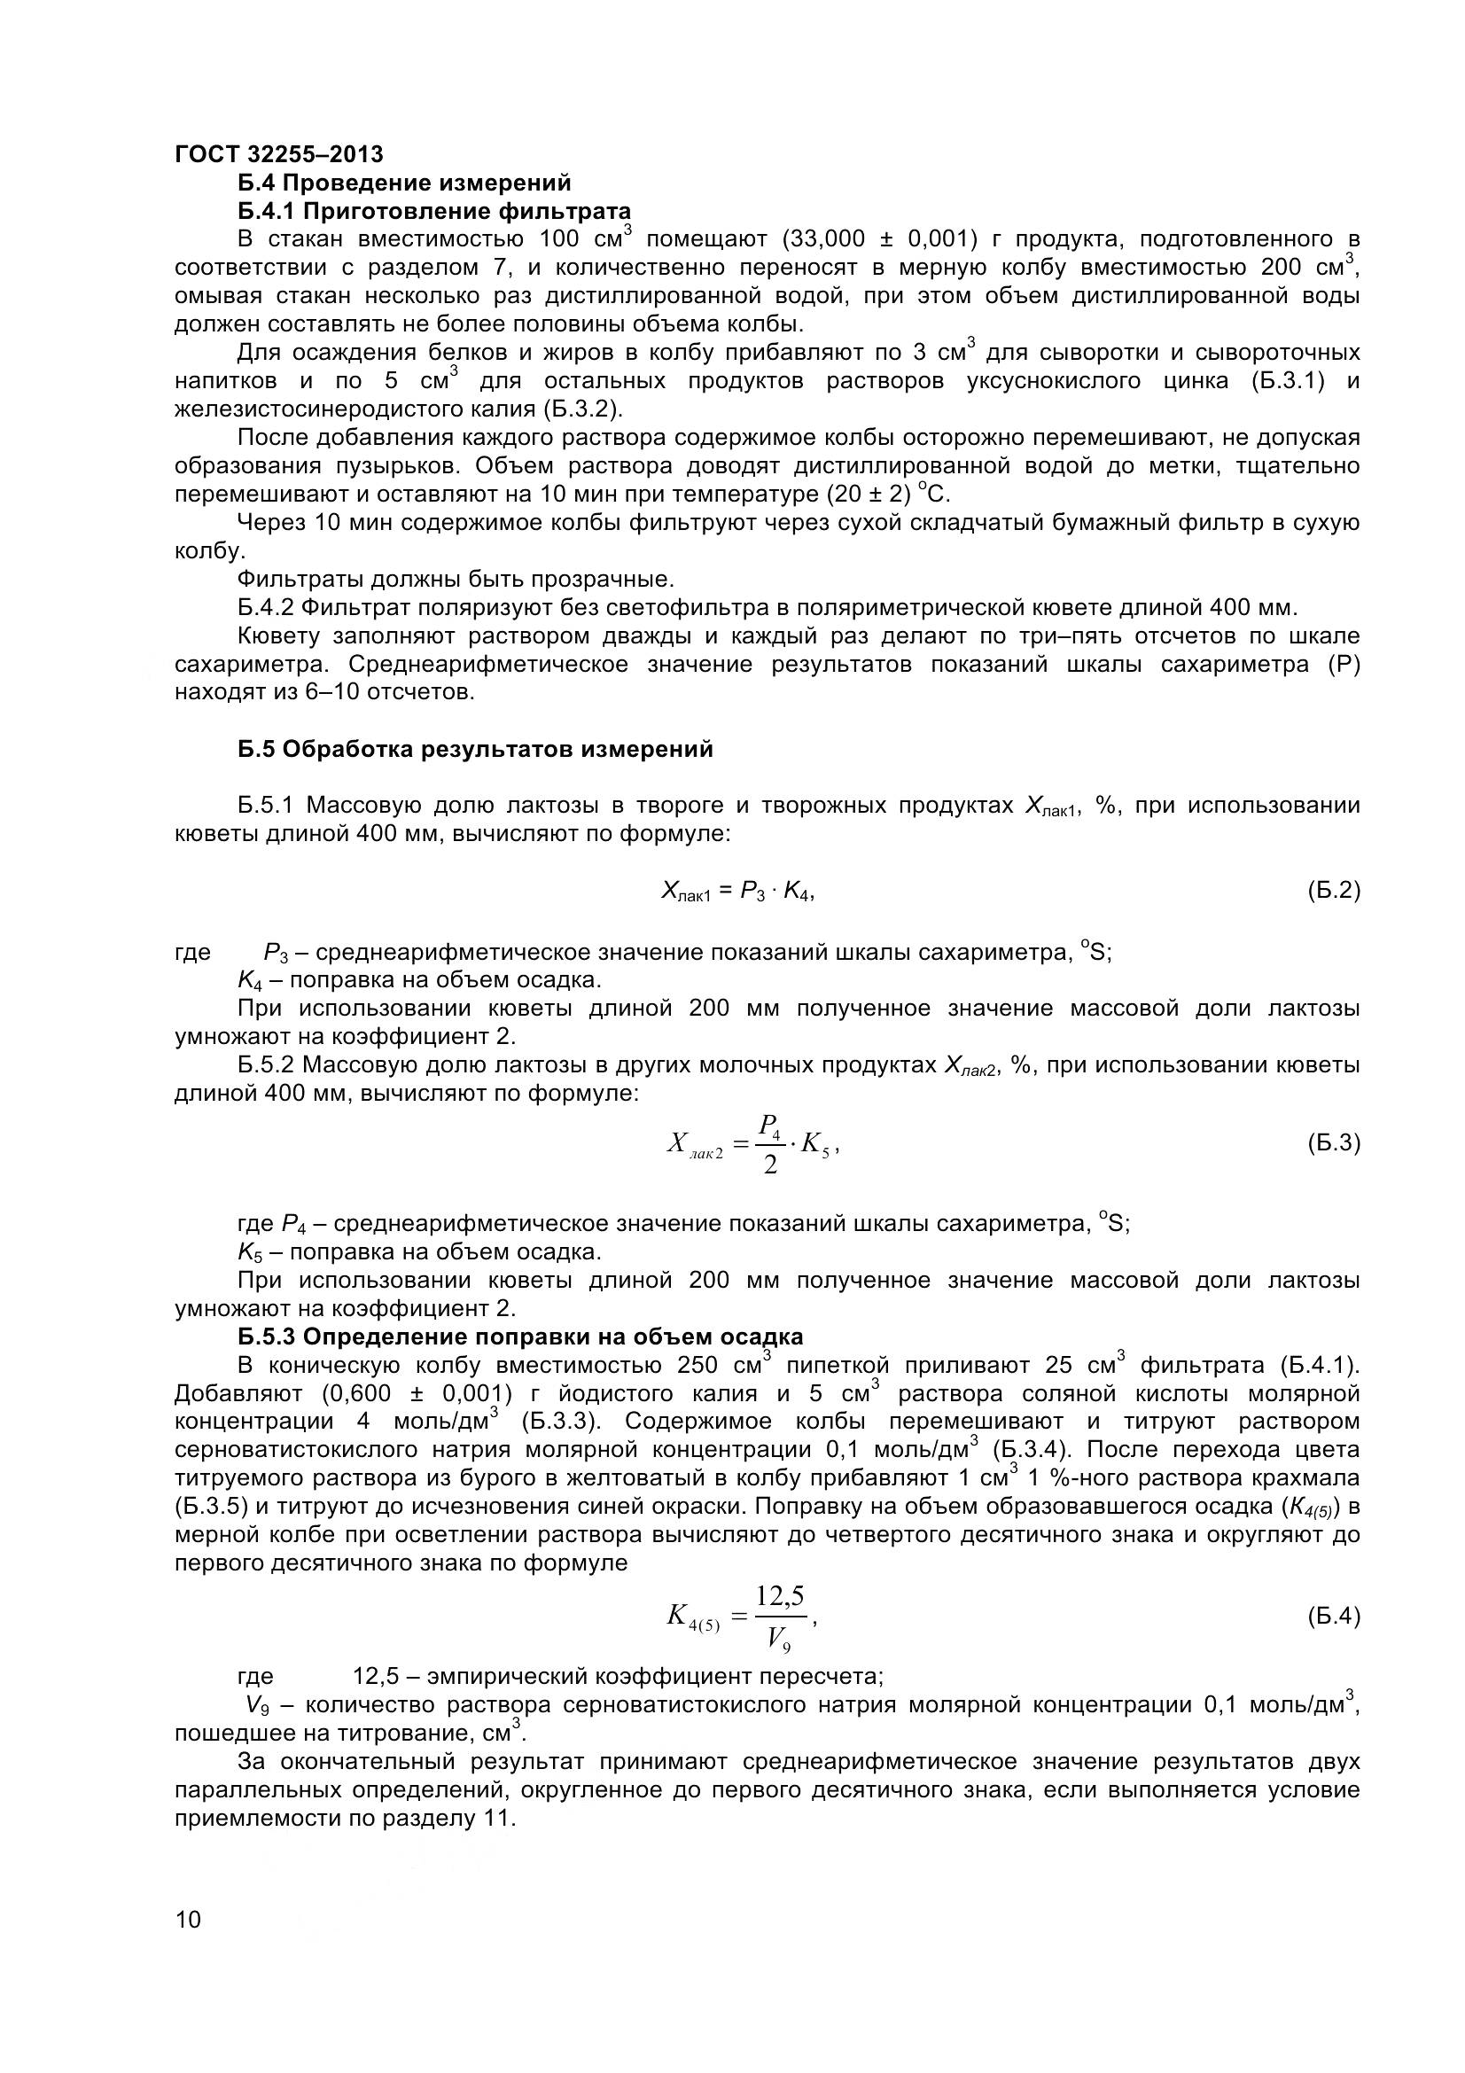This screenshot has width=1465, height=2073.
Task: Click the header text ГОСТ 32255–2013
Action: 278,154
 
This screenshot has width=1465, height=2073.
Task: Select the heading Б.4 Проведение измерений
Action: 404,183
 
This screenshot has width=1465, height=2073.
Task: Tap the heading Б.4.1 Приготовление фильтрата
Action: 434,211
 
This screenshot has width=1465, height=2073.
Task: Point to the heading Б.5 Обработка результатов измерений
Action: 476,750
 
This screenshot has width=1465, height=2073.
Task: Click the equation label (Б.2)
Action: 1333,891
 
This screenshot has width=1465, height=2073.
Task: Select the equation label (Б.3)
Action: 1333,1144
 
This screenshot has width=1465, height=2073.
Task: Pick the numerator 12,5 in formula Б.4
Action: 779,1597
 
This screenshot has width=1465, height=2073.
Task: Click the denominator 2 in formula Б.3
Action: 769,1165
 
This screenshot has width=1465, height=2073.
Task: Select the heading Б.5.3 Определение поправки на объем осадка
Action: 520,1337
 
